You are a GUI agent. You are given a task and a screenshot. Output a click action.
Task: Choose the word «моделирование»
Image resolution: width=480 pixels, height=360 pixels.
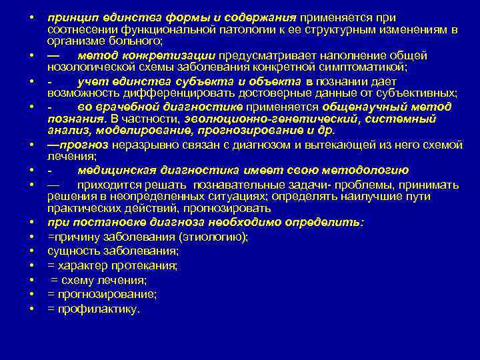click(x=135, y=131)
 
